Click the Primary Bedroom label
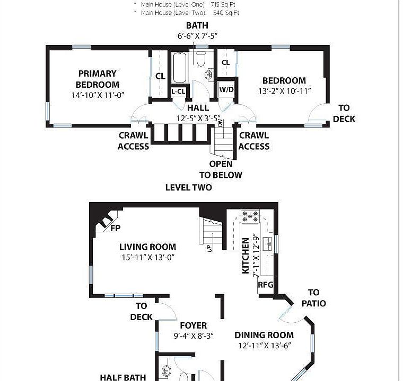[97, 79]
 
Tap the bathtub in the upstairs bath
[179, 67]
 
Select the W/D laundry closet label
[226, 89]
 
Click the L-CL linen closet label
[179, 92]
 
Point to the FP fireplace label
[115, 229]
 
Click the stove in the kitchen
[250, 216]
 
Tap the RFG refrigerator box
[265, 285]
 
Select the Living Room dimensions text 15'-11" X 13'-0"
[147, 257]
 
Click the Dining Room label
[264, 335]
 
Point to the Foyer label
[193, 325]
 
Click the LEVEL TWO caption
[188, 187]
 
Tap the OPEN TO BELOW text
[221, 169]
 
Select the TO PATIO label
[313, 298]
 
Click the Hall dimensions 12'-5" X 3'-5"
[198, 119]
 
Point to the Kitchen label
[246, 256]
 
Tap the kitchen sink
[268, 243]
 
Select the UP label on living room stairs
[209, 247]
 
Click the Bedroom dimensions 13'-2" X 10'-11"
[284, 91]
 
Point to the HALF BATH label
[123, 377]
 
